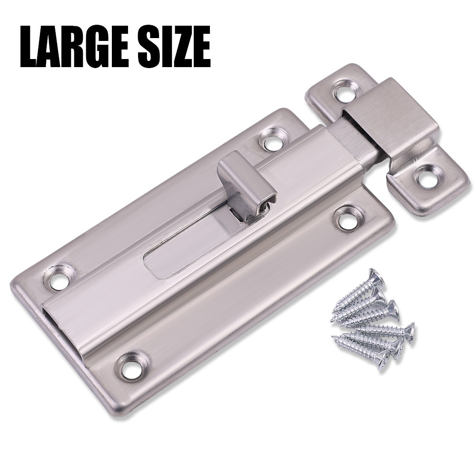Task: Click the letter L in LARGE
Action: coord(30,47)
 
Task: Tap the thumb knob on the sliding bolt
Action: coord(247,185)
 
